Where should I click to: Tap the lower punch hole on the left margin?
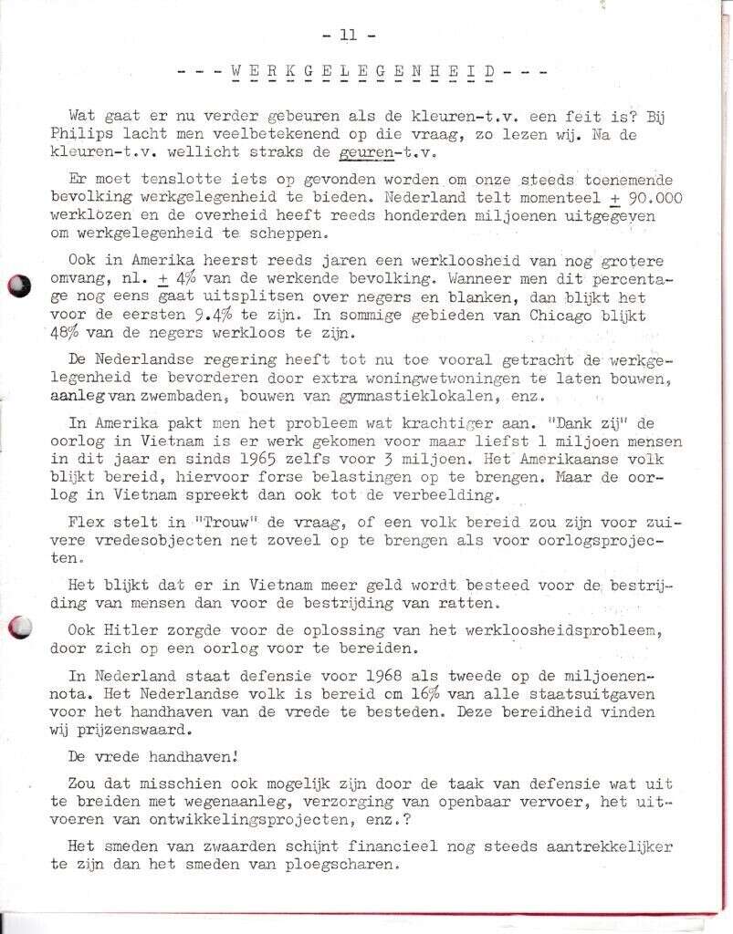coord(18,628)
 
